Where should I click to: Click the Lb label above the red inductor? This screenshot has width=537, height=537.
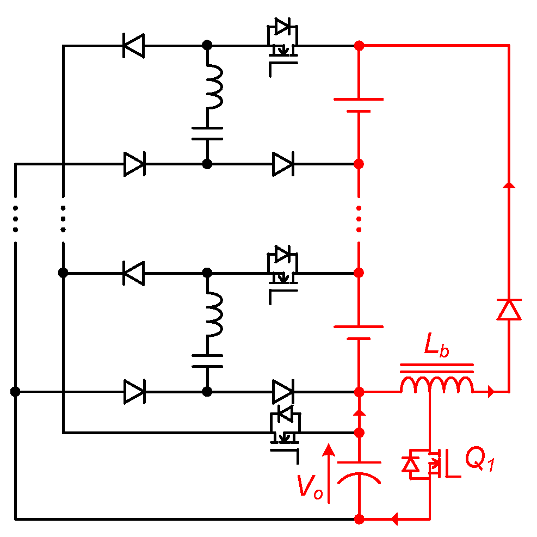point(436,348)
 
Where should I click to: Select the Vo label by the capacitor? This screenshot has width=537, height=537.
point(310,486)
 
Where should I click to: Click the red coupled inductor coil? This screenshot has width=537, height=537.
point(437,385)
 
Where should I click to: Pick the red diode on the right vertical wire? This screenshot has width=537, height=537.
point(509,310)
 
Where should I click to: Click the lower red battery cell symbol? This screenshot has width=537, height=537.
point(359,332)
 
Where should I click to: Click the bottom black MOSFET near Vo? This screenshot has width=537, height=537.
point(283,430)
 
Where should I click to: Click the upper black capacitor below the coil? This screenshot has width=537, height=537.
point(207,133)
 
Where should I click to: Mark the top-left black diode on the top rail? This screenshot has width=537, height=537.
point(134,45)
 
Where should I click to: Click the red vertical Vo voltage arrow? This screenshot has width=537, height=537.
point(328,473)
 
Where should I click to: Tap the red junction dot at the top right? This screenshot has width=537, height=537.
point(359,46)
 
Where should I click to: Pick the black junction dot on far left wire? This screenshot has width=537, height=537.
point(15,391)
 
